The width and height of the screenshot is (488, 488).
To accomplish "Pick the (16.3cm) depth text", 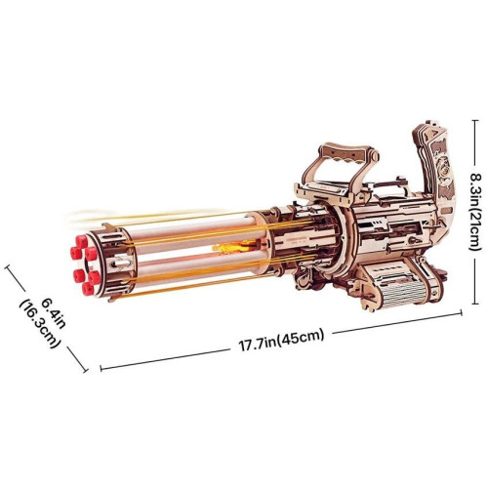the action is (x=41, y=324).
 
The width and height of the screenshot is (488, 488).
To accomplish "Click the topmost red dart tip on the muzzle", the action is (x=82, y=242).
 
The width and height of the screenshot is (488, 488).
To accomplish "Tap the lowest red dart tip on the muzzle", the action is (x=88, y=288).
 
